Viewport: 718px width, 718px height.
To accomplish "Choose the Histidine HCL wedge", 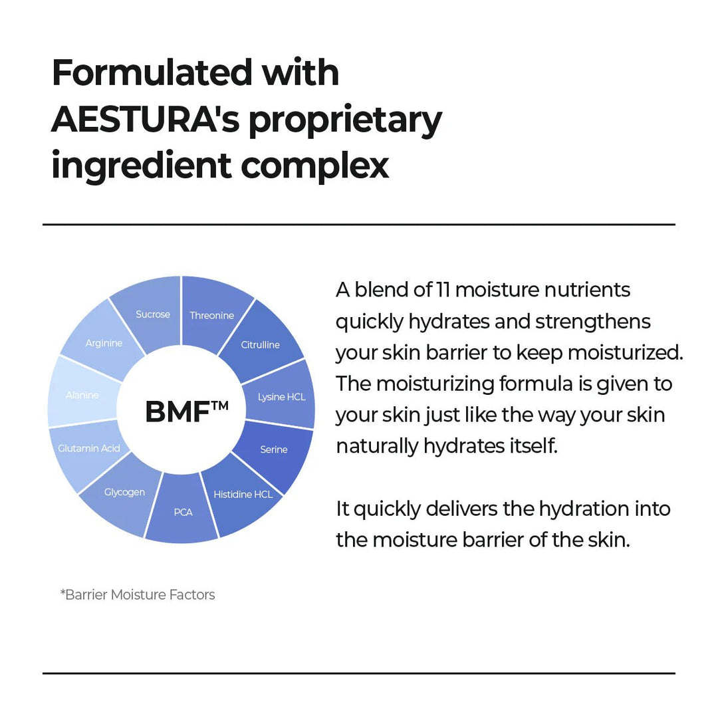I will (x=243, y=493).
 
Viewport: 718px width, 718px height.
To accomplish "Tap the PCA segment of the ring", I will (x=182, y=512).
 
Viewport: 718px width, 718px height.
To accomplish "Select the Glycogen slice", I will (x=124, y=492).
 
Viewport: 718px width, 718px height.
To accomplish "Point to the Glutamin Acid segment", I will (x=88, y=448).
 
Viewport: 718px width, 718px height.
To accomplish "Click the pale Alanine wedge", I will (x=82, y=395).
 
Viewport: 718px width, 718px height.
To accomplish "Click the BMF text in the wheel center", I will (x=178, y=412).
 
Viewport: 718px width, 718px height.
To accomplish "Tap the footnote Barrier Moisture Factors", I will (x=138, y=594).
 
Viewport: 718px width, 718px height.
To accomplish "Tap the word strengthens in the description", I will (x=593, y=322).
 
